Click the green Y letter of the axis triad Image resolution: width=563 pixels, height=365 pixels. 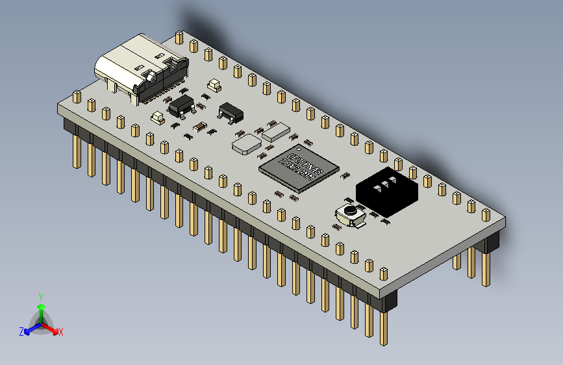click(40, 297)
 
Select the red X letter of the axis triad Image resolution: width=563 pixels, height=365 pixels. click(61, 332)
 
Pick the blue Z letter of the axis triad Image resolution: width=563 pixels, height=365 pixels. click(21, 332)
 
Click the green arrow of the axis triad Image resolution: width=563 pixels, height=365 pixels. click(41, 307)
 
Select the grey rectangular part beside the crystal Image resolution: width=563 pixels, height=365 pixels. click(276, 132)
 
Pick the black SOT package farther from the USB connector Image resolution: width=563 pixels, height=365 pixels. click(231, 112)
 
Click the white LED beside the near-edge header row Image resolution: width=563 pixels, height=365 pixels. click(157, 118)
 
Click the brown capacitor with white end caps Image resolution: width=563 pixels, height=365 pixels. click(199, 127)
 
